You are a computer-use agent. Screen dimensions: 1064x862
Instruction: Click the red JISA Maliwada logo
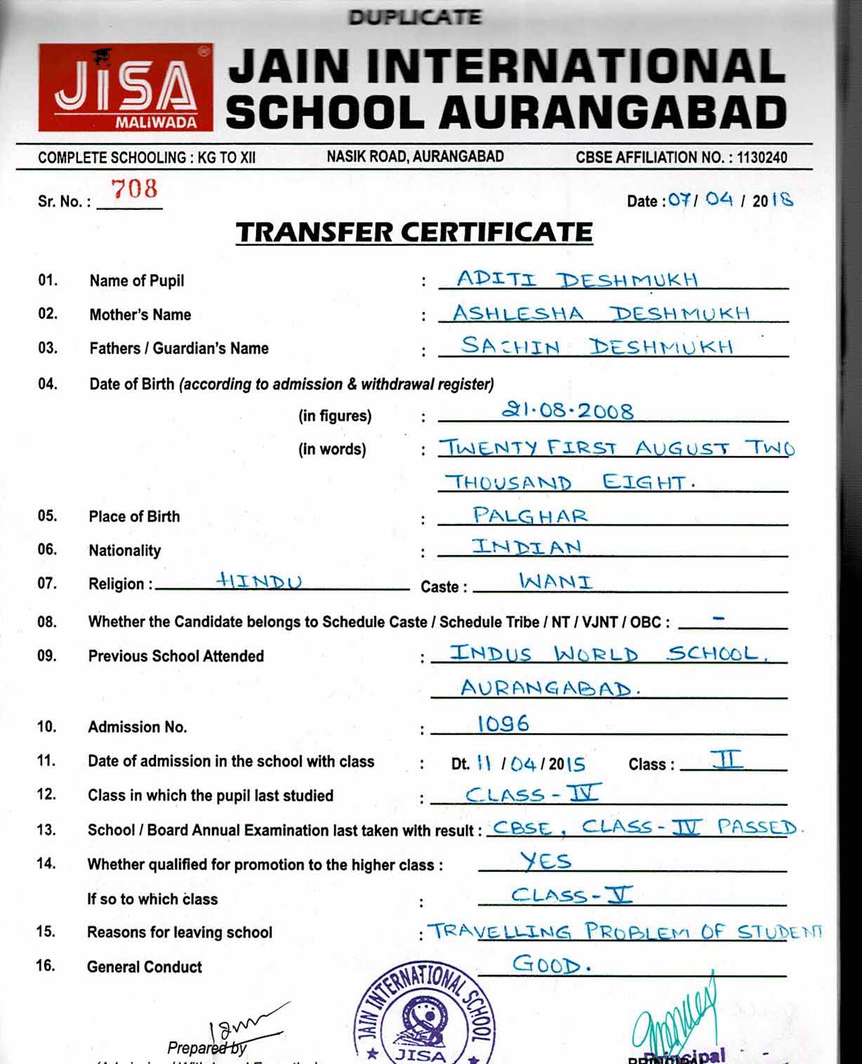coord(126,88)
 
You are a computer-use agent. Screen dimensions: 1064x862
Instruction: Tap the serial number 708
coord(134,189)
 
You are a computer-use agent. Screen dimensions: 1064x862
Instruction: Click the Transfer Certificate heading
coord(414,232)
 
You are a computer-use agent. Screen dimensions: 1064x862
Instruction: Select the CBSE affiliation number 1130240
coord(762,158)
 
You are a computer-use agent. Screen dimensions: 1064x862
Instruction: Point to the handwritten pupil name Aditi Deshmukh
coord(577,279)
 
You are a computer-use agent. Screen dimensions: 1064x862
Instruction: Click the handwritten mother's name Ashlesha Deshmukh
coord(601,313)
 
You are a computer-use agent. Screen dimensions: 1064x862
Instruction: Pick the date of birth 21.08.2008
coord(567,411)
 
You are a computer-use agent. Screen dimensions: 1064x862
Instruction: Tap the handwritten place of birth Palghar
coord(530,515)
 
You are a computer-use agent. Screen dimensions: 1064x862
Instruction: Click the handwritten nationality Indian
coord(526,547)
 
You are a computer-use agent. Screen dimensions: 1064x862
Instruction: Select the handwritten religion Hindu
coord(259,581)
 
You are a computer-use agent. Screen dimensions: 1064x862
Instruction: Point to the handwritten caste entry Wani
coord(555,581)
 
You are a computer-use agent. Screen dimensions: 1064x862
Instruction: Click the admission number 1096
coord(503,724)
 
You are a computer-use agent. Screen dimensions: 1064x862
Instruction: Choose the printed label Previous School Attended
coord(175,656)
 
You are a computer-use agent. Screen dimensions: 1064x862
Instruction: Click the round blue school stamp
coord(424,1016)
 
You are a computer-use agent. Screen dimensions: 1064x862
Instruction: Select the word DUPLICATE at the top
coord(414,17)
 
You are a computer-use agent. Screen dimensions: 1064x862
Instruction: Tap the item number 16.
coord(46,966)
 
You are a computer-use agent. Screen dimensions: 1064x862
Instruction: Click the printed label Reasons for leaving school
coord(179,933)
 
